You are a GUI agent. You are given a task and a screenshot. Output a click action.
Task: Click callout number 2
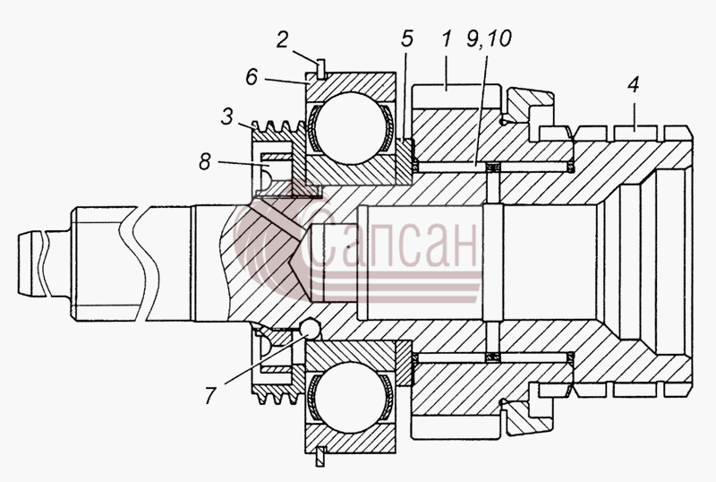coord(282,39)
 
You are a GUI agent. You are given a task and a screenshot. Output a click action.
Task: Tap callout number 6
coord(252,77)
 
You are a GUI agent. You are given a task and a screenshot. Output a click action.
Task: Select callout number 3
coord(227,116)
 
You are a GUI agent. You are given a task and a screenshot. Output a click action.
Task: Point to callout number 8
coord(205,161)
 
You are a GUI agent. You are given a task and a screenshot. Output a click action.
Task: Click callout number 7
coord(209,396)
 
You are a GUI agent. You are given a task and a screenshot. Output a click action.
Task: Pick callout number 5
coord(407,39)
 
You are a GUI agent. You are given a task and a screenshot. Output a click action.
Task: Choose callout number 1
coord(446,39)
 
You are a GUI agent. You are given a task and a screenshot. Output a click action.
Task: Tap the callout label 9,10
coord(489,39)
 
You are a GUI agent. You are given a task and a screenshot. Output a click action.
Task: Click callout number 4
coord(634,84)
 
